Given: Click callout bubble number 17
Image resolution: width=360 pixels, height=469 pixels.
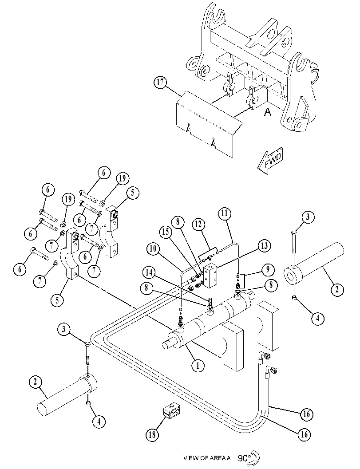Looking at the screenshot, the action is tap(161, 82).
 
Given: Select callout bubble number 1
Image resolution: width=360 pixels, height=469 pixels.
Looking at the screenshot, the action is tap(198, 365).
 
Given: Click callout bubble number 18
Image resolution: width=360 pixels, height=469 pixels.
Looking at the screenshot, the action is tap(152, 434).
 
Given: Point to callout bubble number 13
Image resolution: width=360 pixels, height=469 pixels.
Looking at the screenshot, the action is tap(264, 245).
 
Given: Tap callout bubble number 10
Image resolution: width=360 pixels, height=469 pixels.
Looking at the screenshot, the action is tap(153, 249).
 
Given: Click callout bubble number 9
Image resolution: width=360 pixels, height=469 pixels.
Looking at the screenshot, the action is tap(268, 269).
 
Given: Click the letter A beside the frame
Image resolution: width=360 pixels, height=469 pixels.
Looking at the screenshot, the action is tap(268, 112).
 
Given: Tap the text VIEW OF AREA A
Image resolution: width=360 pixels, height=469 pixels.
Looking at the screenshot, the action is tap(207, 457).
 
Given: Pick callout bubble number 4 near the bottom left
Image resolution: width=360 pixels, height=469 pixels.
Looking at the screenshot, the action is tap(99, 422).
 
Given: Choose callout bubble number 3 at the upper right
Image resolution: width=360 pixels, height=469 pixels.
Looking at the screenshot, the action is tap(308, 217).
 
